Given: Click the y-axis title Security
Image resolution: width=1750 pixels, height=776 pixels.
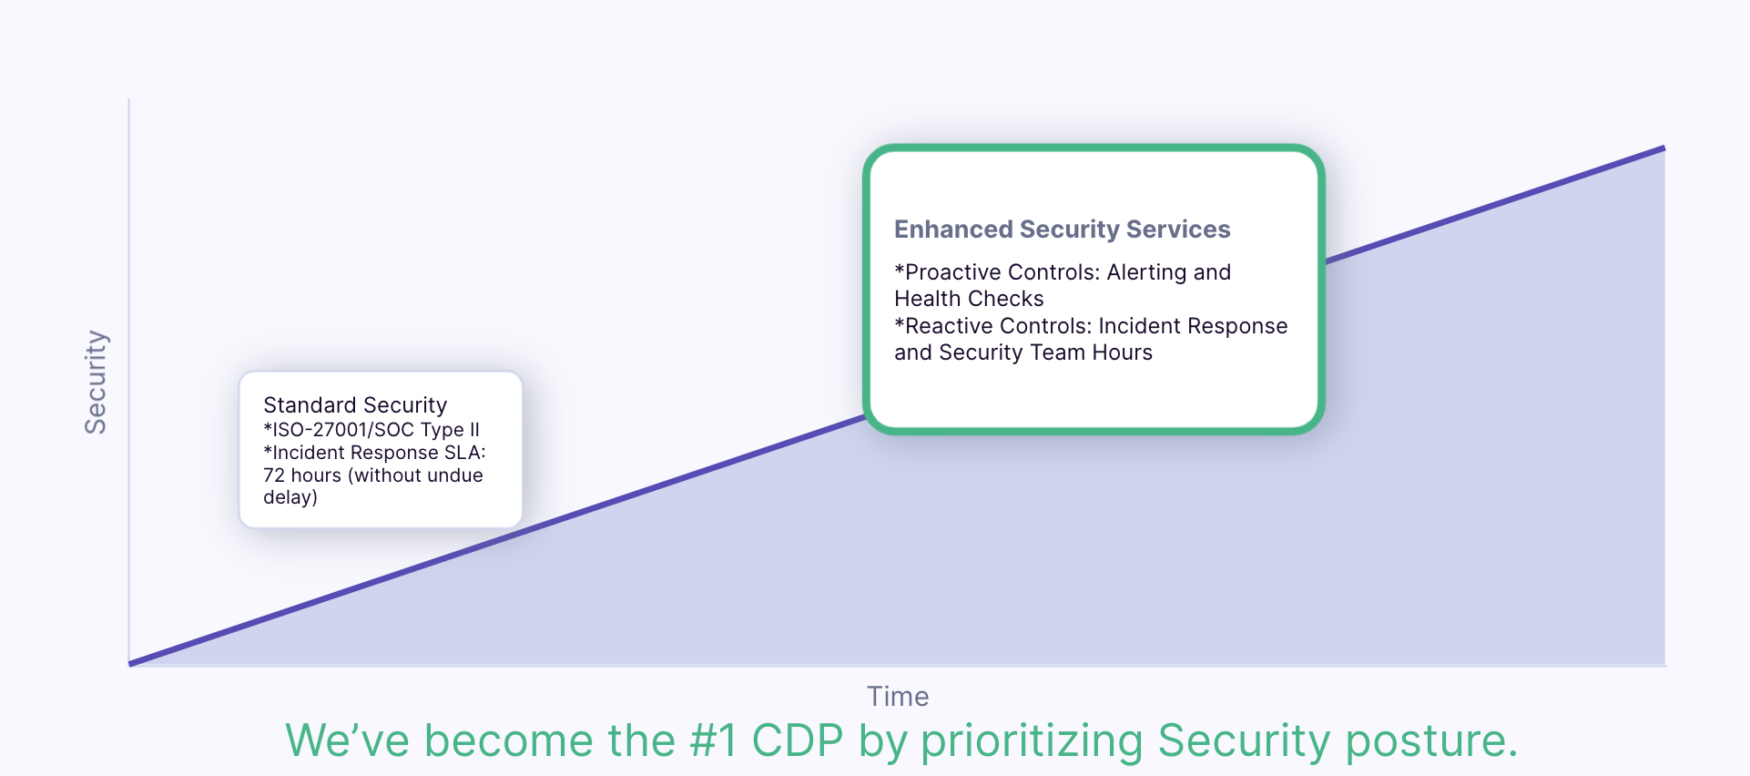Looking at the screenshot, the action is coord(96,382).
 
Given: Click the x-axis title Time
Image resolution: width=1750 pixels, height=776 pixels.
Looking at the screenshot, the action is coord(898,697).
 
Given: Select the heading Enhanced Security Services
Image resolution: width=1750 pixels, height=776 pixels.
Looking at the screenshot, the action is coord(1062,230).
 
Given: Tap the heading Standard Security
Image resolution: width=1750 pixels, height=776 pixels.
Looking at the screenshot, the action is coord(355,405).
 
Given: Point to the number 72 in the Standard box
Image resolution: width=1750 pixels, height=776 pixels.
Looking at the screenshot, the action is coord(274,475).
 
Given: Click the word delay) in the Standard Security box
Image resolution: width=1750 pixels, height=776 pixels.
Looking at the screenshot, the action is coord(290,497).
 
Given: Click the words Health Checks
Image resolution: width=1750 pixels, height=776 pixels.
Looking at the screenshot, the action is coord(969,299).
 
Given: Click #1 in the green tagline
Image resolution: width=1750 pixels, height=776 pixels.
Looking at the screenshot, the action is coord(713,740).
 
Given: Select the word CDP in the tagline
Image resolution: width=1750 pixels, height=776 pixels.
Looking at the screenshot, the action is coord(798,740).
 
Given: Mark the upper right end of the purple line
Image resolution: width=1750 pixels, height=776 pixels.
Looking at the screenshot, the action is coord(1664,148).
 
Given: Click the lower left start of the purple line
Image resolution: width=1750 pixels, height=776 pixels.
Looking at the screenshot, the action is coord(130,664).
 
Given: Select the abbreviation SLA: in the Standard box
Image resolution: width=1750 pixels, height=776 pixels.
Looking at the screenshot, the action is coord(464,453).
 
